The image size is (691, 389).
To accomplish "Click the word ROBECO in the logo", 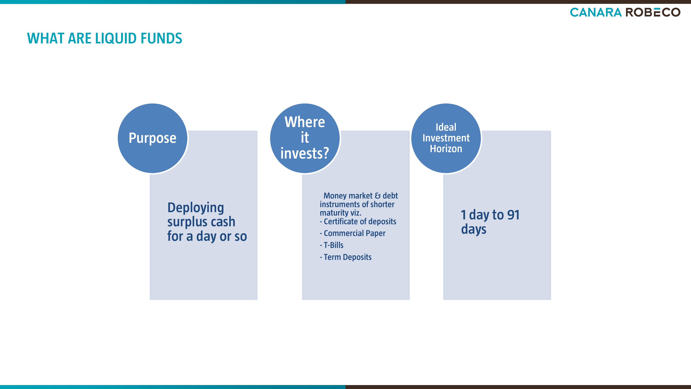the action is tap(653, 12).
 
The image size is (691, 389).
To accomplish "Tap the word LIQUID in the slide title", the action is tap(116, 38).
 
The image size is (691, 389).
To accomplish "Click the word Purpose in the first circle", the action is tap(152, 138).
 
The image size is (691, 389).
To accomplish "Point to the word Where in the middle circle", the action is tap(305, 122).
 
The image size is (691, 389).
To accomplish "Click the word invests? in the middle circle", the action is tap(305, 154).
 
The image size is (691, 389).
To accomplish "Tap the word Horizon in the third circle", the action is tap(446, 149).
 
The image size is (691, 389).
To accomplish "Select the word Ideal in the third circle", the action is tap(446, 127).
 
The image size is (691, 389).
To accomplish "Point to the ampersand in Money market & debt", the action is tap(377, 196).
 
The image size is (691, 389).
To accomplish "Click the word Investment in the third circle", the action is tap(446, 138).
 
